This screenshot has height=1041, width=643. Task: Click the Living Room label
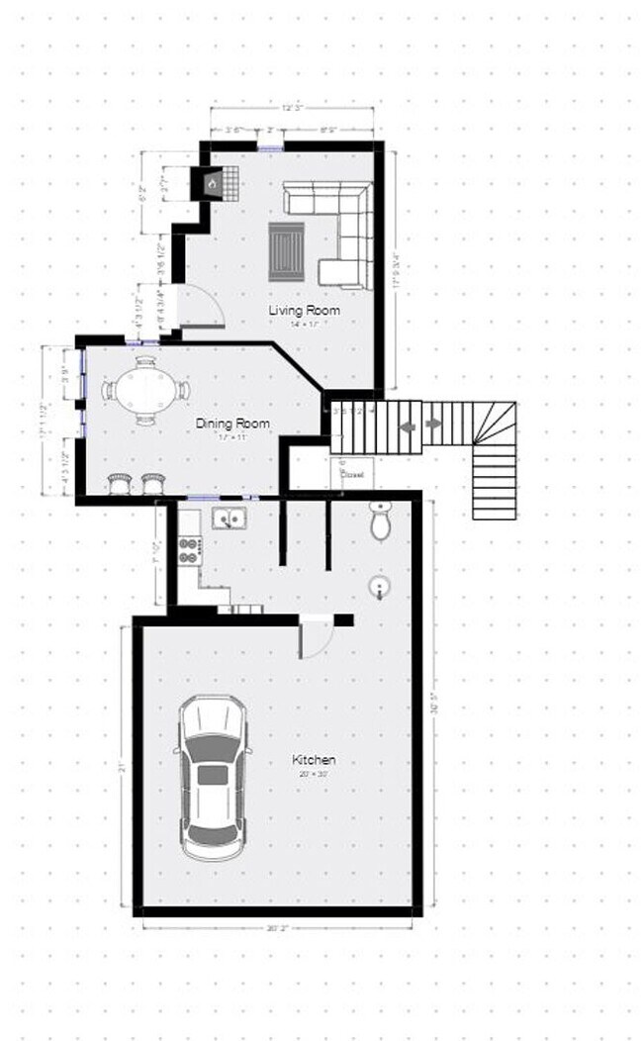[304, 311]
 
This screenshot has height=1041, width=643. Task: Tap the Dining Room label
[232, 424]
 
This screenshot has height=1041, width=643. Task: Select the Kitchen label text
[314, 760]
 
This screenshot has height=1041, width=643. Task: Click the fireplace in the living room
[213, 183]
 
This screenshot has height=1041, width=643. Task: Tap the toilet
[381, 521]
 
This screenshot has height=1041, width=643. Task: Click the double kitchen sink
[229, 519]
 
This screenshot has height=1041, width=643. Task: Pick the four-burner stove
[188, 549]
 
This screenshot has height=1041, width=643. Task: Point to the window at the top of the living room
[271, 147]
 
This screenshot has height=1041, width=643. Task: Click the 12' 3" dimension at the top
[292, 107]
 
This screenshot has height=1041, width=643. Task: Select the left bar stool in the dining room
[121, 483]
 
